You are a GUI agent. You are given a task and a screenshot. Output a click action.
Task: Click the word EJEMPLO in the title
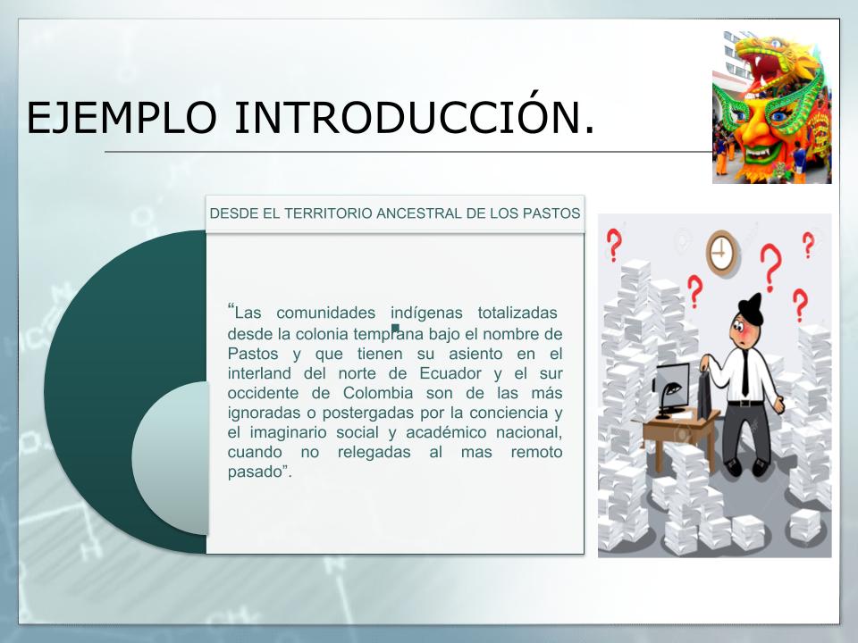coord(122,118)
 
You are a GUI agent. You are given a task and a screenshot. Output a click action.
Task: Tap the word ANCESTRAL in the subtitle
coord(419,213)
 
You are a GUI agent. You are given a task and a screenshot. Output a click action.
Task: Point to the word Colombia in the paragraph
coord(378,393)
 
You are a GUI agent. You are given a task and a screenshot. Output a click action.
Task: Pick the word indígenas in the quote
coord(426,313)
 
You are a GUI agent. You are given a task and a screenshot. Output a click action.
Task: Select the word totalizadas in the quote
coord(517,313)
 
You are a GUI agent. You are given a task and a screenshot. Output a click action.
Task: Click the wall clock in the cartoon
coord(722,252)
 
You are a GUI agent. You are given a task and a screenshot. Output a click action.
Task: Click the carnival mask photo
coord(771,107)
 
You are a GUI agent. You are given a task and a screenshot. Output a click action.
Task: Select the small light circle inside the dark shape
coord(171,458)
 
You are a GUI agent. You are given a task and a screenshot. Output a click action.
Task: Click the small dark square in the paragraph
coord(395,328)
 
